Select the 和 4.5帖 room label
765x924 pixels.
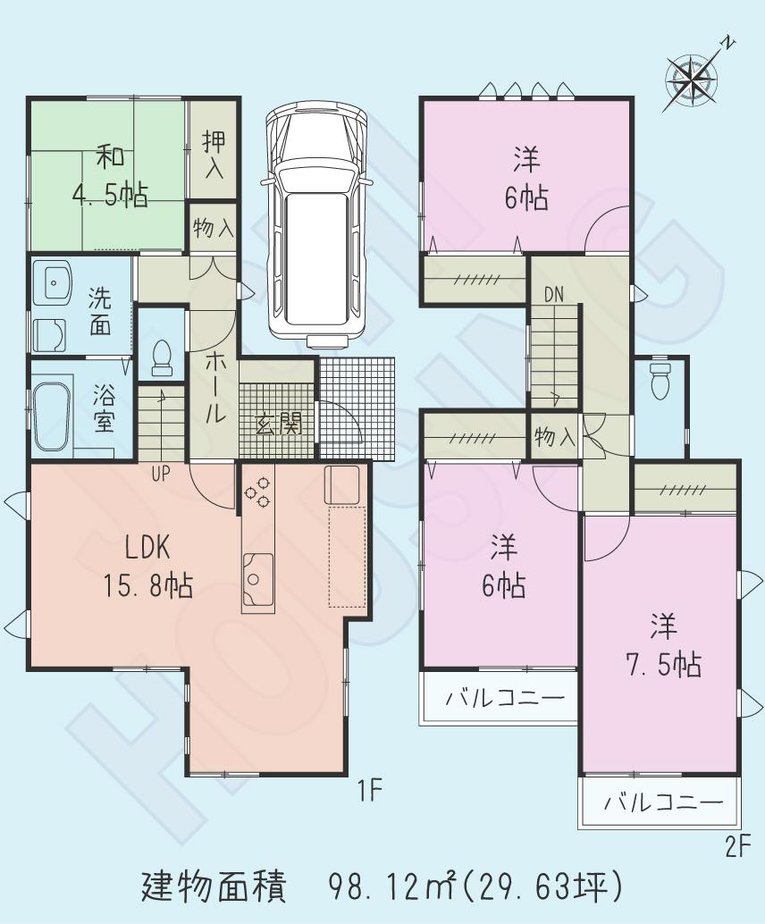tap(110, 176)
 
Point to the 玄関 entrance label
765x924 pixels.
tap(279, 424)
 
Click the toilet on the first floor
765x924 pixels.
tap(163, 358)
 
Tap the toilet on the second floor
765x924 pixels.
tap(660, 381)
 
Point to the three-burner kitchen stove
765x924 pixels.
tap(258, 492)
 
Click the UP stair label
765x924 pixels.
tap(160, 475)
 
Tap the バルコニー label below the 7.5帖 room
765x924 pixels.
tap(662, 802)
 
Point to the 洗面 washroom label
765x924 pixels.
tap(98, 313)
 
